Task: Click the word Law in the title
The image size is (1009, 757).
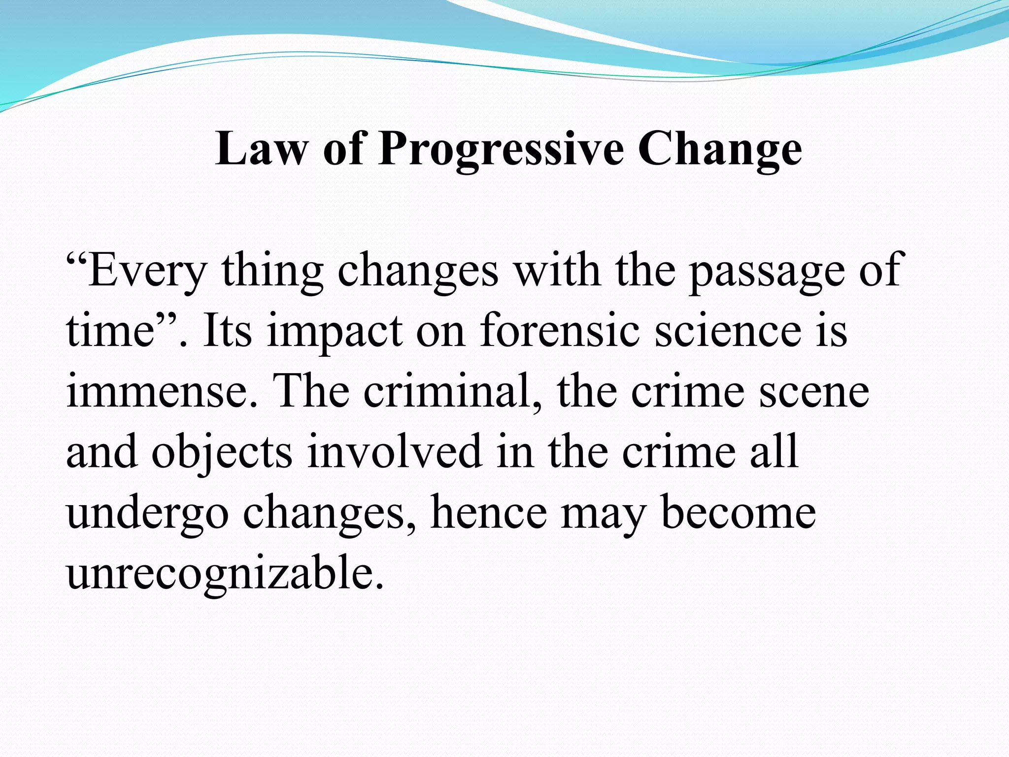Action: pyautogui.click(x=260, y=149)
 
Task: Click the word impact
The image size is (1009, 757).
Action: pyautogui.click(x=335, y=332)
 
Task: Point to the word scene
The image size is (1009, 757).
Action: pyautogui.click(x=814, y=392)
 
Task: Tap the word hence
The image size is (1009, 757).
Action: pyautogui.click(x=488, y=513)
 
